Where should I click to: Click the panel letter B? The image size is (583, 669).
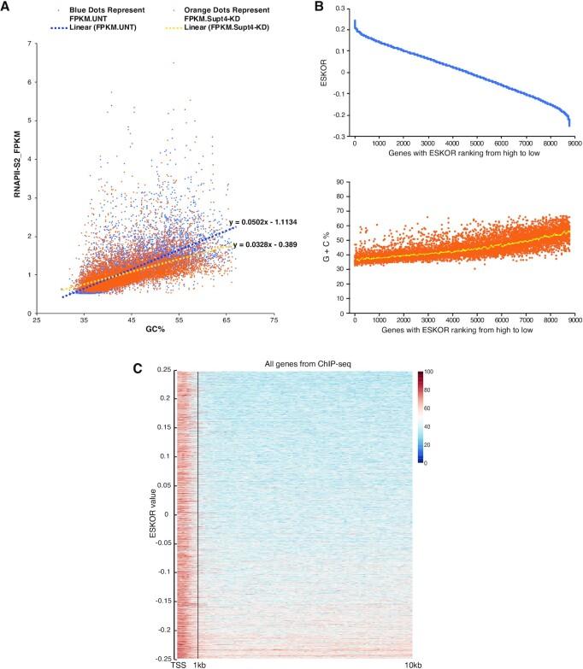point(321,7)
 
